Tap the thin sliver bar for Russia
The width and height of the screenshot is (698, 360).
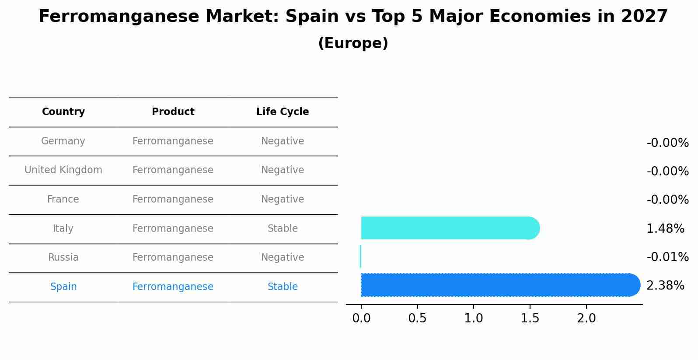tap(360, 256)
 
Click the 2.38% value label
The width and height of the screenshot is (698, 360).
tap(665, 286)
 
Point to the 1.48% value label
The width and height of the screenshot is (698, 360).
tap(665, 228)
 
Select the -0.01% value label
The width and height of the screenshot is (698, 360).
tap(667, 257)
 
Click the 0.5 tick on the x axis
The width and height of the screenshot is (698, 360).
tap(417, 318)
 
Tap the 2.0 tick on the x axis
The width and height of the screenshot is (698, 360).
tap(586, 318)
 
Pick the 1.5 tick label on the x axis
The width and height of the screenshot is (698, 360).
tap(530, 318)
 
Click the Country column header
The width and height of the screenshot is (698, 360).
tap(63, 112)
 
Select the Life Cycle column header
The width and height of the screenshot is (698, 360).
tap(283, 112)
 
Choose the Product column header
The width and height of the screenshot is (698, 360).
tap(173, 112)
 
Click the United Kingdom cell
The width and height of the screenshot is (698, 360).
tap(63, 170)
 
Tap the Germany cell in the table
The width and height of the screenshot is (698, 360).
tap(63, 141)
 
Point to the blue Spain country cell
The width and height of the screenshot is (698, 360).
tap(63, 287)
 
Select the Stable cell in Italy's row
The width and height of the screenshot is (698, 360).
tap(283, 228)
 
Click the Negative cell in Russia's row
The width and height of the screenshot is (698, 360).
tap(283, 257)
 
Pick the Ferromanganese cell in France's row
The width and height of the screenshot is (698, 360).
tap(173, 199)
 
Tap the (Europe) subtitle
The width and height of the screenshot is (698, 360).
tap(353, 43)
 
